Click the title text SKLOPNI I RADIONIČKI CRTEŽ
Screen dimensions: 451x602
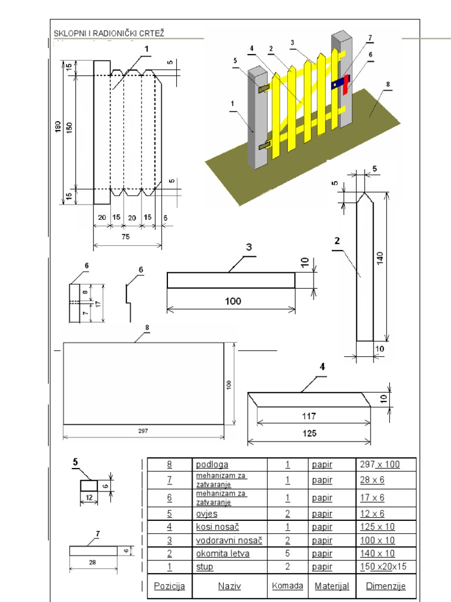tap(109, 33)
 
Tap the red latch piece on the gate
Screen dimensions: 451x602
tap(345, 85)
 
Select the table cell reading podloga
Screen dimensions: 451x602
tap(212, 464)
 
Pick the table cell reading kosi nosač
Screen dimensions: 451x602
tap(217, 527)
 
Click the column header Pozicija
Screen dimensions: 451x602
tap(170, 586)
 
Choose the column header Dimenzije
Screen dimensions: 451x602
tap(386, 586)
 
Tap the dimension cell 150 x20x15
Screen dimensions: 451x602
tap(383, 567)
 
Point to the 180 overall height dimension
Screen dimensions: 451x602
tap(58, 127)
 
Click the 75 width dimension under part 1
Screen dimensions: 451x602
tap(126, 237)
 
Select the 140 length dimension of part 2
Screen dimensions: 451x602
tap(380, 257)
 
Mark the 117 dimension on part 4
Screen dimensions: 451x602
tap(309, 416)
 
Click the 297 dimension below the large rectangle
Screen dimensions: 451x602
tap(143, 431)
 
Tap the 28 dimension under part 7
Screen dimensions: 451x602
tap(92, 563)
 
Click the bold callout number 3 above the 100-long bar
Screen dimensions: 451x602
tap(249, 247)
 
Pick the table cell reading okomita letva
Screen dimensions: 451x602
tap(223, 554)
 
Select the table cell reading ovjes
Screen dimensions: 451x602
tap(207, 514)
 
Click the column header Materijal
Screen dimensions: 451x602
tap(332, 586)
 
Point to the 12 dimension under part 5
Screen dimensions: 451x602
tap(89, 498)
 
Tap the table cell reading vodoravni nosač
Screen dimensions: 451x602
tap(230, 541)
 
